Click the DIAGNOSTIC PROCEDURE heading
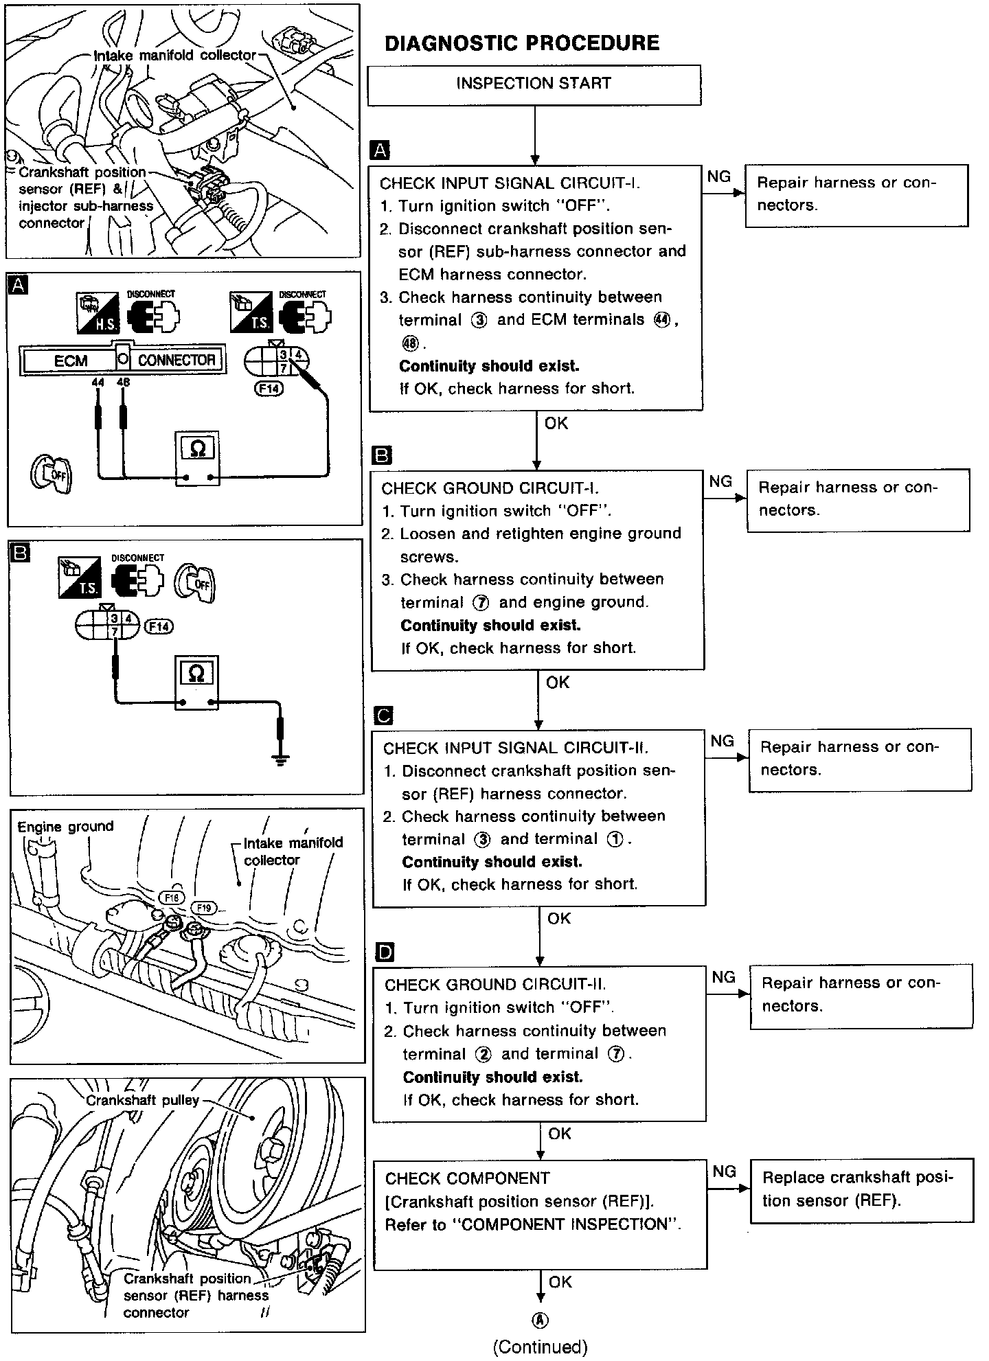[522, 43]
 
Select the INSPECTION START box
[534, 84]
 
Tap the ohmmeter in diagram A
[197, 459]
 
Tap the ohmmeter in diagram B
[196, 683]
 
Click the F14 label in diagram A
[269, 389]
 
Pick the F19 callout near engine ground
[204, 908]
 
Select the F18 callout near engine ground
[172, 897]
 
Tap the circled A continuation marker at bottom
[541, 1320]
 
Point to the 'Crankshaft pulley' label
[142, 1101]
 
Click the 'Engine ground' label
[65, 827]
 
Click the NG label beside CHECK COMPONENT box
[724, 1172]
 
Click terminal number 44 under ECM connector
[97, 382]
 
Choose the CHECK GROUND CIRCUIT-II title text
[495, 985]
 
